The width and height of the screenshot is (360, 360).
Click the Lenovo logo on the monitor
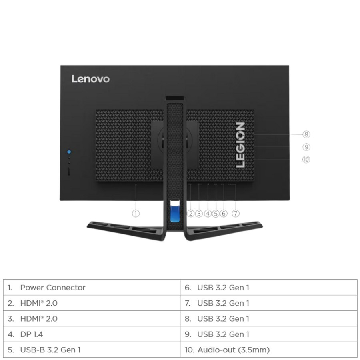(90, 79)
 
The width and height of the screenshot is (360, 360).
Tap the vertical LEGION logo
(240, 144)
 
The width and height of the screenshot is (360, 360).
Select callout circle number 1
(136, 213)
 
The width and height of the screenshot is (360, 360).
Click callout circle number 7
(236, 213)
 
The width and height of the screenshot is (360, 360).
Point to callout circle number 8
(306, 134)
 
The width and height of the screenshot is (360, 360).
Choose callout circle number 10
(306, 159)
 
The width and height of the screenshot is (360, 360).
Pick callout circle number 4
(208, 213)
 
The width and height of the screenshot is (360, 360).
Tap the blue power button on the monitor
(69, 152)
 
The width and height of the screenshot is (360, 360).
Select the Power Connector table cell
(92, 288)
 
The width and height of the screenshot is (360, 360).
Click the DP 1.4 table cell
(92, 334)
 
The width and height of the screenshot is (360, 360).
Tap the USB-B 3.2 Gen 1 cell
(92, 350)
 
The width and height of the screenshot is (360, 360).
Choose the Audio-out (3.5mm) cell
(268, 350)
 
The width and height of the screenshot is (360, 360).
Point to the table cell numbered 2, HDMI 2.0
(92, 303)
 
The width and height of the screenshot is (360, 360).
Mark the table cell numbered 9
(268, 334)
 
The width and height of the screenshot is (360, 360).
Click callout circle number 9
(306, 147)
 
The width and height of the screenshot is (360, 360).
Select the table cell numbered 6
(268, 288)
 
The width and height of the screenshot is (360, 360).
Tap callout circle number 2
(191, 213)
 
